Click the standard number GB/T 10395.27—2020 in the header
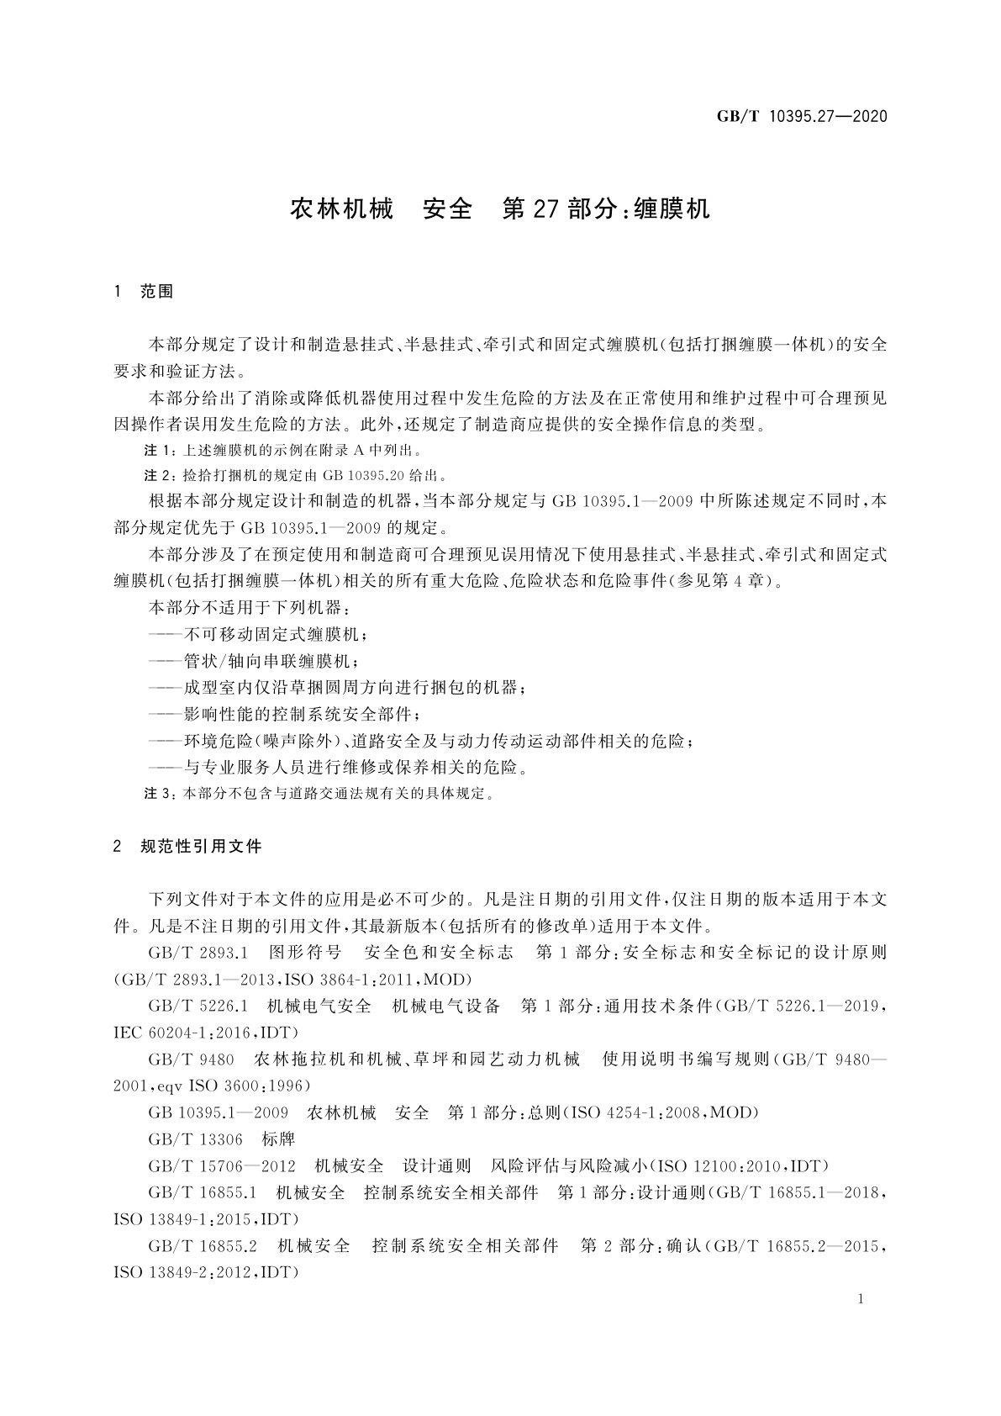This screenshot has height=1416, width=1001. [802, 116]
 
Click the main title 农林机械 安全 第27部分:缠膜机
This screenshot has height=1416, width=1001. [500, 209]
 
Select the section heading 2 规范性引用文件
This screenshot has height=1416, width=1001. [187, 846]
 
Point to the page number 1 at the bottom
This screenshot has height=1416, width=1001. [861, 1299]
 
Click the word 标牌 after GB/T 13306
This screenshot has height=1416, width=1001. [278, 1139]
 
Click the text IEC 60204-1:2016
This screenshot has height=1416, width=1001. [185, 1033]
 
